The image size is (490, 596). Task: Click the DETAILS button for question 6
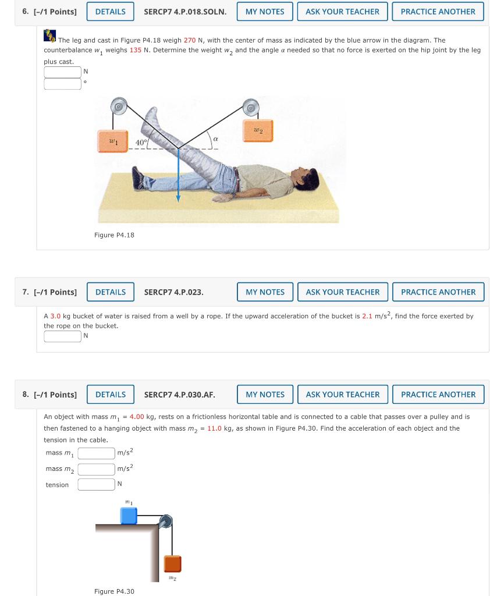110,12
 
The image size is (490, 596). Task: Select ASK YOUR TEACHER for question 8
343,395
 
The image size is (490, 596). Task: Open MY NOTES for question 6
265,12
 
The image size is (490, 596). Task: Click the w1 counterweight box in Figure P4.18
113,142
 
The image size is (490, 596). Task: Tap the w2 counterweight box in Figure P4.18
258,130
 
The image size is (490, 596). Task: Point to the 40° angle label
141,142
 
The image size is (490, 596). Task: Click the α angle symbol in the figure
215,139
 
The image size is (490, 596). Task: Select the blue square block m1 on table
129,516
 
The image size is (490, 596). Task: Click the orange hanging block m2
172,564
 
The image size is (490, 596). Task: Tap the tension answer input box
97,484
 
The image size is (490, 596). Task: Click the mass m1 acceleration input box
97,453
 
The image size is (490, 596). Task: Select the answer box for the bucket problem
62,336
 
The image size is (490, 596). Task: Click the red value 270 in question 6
190,40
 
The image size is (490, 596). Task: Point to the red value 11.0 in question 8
214,428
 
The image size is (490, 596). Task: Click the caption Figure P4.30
114,591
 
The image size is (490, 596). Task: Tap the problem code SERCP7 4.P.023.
173,292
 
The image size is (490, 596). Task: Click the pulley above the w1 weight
119,107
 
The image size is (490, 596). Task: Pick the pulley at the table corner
166,521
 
